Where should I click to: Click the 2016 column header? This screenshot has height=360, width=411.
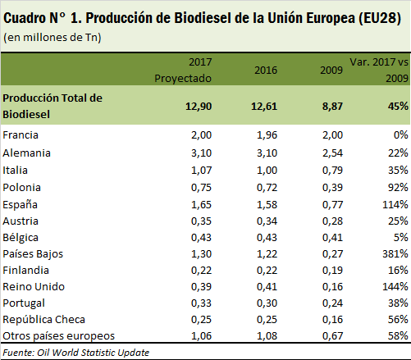pyautogui.click(x=266, y=71)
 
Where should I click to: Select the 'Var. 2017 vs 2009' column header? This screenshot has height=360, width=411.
pyautogui.click(x=379, y=71)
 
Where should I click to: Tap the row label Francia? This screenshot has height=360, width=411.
pyautogui.click(x=21, y=135)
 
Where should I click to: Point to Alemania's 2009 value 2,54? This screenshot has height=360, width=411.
pyautogui.click(x=332, y=153)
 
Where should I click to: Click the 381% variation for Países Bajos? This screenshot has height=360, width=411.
pyautogui.click(x=395, y=254)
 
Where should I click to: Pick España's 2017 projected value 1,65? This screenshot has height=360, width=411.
pyautogui.click(x=201, y=205)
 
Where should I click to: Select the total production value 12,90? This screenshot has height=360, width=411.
pyautogui.click(x=199, y=107)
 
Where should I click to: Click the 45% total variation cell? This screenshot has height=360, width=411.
pyautogui.click(x=398, y=107)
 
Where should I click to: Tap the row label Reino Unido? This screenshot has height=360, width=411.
pyautogui.click(x=34, y=287)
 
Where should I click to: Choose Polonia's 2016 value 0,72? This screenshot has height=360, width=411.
pyautogui.click(x=267, y=188)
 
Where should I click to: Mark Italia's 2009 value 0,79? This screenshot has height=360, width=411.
pyautogui.click(x=332, y=171)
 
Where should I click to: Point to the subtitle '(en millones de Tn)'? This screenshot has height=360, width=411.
pyautogui.click(x=53, y=38)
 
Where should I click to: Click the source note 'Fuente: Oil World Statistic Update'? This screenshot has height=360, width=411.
pyautogui.click(x=76, y=353)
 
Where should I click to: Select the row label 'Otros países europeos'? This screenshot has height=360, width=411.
pyautogui.click(x=59, y=336)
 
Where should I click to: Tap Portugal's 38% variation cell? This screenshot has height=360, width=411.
pyautogui.click(x=398, y=303)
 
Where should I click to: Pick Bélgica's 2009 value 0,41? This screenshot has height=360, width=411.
pyautogui.click(x=332, y=238)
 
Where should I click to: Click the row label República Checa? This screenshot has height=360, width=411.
pyautogui.click(x=43, y=320)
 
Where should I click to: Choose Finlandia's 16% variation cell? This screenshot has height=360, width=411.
pyautogui.click(x=398, y=271)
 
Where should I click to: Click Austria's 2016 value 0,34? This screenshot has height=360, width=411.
pyautogui.click(x=267, y=221)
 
